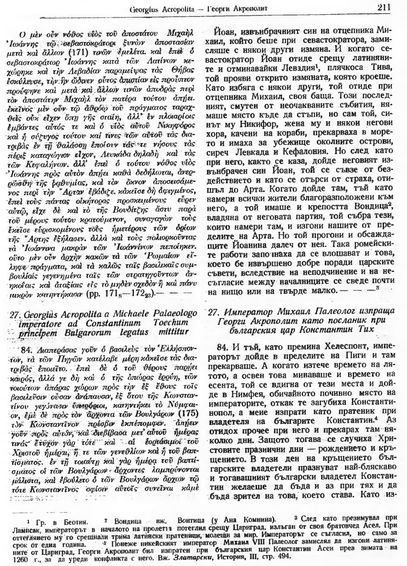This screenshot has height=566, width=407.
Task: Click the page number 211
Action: click(383, 7)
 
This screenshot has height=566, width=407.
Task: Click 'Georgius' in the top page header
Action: click(143, 8)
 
